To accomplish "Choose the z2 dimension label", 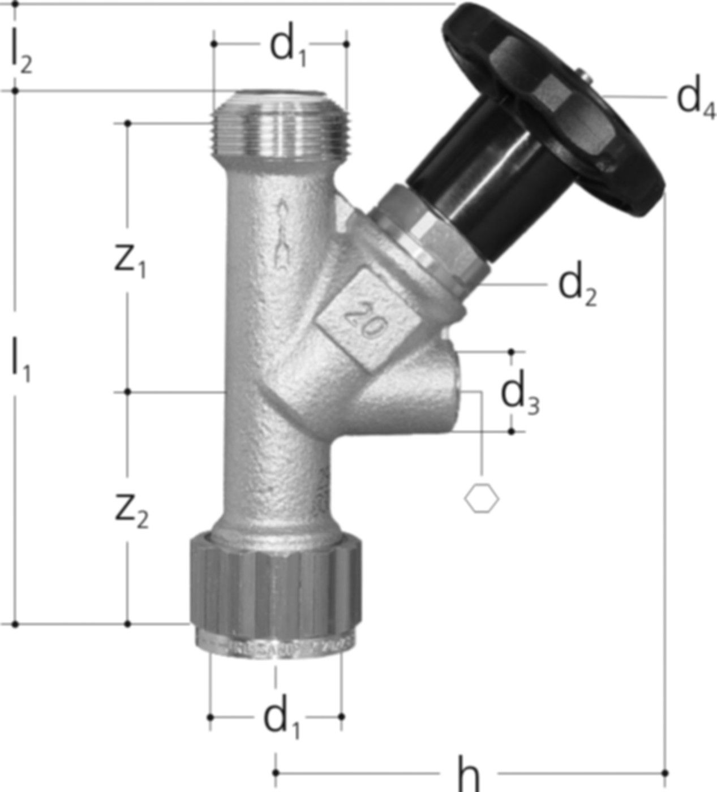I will tap(131, 510).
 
